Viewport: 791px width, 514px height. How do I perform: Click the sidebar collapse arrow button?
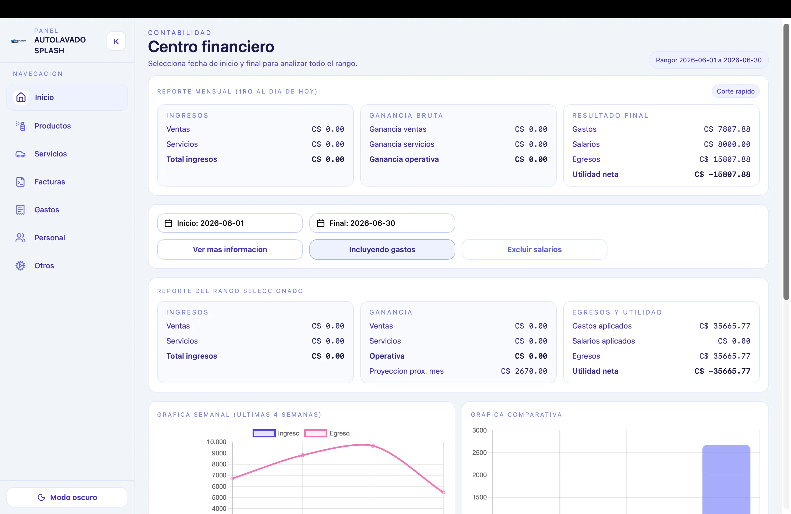(116, 41)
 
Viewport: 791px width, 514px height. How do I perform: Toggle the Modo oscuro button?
(67, 497)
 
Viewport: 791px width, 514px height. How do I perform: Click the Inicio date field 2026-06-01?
(230, 223)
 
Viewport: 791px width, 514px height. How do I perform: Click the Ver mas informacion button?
(230, 249)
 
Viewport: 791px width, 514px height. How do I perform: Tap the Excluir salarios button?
(534, 249)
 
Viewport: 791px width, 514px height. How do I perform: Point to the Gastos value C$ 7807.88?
(727, 129)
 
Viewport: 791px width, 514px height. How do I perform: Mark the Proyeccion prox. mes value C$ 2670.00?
(524, 371)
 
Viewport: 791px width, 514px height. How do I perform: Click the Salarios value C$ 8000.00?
(727, 144)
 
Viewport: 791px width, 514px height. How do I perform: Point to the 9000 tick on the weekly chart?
(219, 453)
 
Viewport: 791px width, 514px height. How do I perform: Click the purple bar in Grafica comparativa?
(726, 480)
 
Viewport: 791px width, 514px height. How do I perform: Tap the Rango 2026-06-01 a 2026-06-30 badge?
(709, 60)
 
